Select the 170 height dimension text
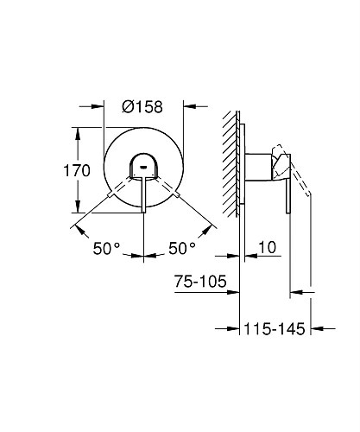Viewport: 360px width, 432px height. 78,170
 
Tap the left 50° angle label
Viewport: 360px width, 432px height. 106,248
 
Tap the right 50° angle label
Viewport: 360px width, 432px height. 182,248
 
